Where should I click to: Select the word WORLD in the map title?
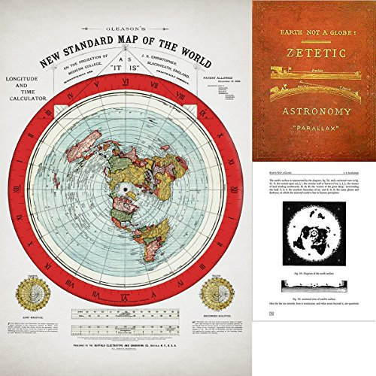click(x=170, y=44)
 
